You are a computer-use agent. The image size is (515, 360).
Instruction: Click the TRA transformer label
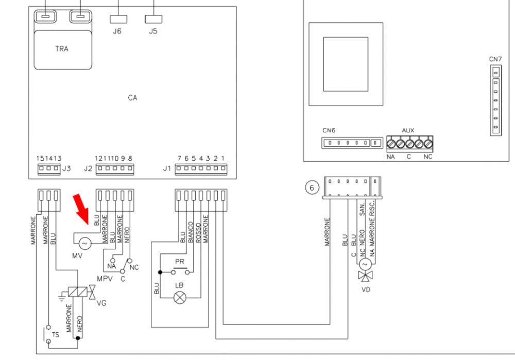point(62,49)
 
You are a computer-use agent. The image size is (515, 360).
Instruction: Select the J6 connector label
point(117,31)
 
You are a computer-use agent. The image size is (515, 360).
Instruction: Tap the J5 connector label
point(153,31)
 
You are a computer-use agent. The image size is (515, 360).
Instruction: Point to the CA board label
point(132,97)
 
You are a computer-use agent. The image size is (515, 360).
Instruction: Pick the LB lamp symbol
point(180,297)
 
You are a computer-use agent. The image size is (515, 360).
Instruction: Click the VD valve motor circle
point(365,264)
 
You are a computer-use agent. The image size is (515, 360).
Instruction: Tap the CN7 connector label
point(495,59)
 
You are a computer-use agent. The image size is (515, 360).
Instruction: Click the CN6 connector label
point(329,130)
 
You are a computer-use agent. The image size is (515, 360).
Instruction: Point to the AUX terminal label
point(407,131)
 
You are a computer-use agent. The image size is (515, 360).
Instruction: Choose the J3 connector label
point(65,168)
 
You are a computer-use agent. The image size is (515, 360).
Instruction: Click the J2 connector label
point(88,168)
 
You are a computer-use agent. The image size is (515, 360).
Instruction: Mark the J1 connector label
point(167,168)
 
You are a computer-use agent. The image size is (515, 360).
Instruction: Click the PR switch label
point(180,262)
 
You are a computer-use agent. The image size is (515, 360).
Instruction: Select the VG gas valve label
point(101,303)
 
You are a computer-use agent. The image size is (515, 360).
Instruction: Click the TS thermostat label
point(55,335)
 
